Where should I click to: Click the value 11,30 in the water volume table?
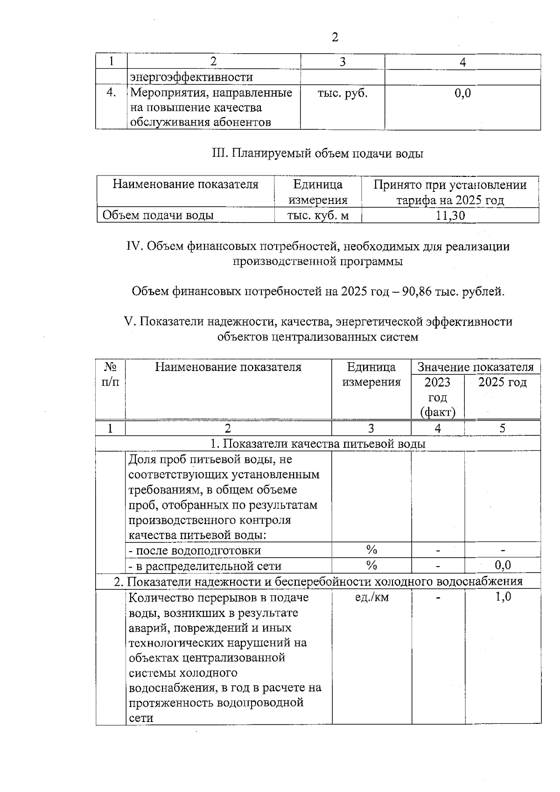(450, 216)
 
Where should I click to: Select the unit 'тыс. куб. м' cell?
(318, 216)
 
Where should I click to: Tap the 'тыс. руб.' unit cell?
(343, 93)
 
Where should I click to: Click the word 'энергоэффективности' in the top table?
(191, 77)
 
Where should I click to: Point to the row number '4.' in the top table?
(111, 93)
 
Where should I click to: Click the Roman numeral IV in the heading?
(134, 246)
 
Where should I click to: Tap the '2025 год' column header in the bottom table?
(503, 383)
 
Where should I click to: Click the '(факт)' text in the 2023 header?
(438, 413)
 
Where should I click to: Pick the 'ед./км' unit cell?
(371, 597)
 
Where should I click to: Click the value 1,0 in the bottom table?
(503, 597)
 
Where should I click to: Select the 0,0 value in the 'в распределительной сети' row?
(503, 566)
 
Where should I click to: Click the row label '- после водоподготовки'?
(195, 551)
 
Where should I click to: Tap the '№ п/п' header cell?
(110, 375)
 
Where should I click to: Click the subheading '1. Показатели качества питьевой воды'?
(318, 444)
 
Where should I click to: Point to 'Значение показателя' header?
(475, 367)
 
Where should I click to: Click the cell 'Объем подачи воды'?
(158, 216)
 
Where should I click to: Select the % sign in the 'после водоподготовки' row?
(371, 550)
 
